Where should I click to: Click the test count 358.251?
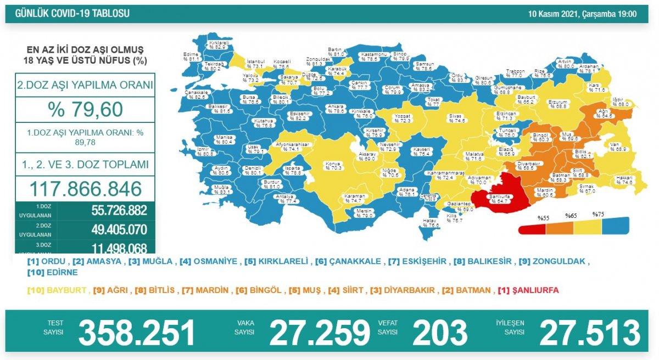(137, 332)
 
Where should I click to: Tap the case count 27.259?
(320, 332)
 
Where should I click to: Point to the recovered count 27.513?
(590, 332)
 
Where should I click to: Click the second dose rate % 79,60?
(85, 110)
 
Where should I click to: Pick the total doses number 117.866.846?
(85, 188)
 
